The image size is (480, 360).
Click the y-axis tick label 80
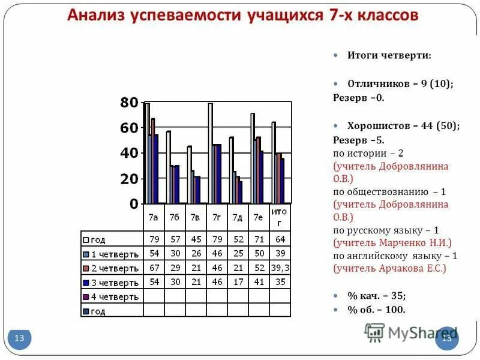point(129,103)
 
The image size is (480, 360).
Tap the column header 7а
point(153,217)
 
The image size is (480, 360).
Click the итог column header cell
point(278,217)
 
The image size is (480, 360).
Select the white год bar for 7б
point(169,167)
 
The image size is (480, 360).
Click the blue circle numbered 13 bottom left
point(19,338)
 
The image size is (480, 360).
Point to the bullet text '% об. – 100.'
point(376,310)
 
